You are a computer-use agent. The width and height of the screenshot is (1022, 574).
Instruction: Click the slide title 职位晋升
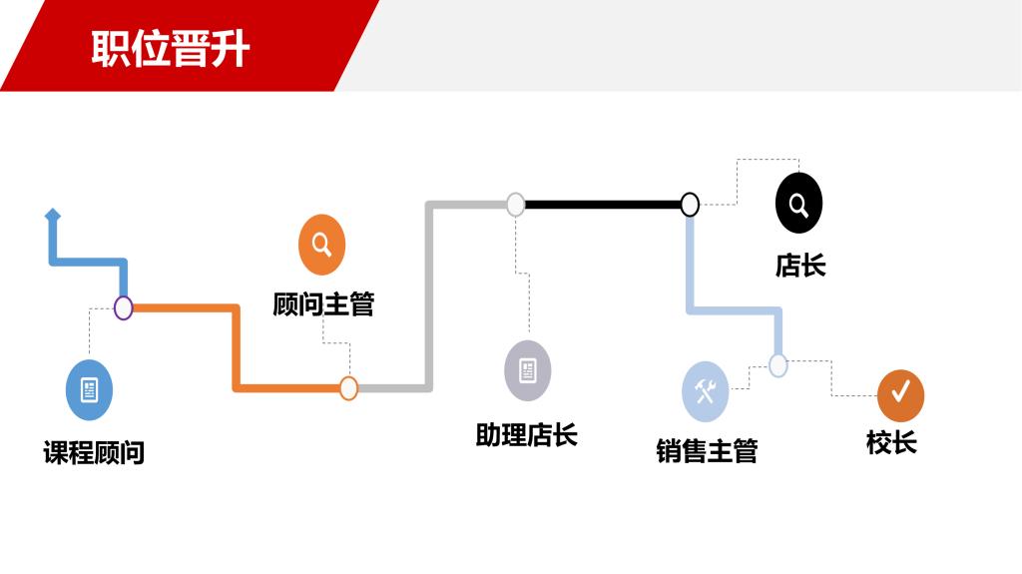click(x=171, y=48)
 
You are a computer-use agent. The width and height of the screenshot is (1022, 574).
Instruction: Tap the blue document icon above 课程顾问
click(x=89, y=389)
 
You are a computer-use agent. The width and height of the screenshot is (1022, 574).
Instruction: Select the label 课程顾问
click(x=94, y=452)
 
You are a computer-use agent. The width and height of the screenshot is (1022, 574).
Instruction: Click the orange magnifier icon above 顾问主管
click(x=321, y=245)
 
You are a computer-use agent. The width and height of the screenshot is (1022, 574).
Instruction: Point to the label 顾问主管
click(x=323, y=304)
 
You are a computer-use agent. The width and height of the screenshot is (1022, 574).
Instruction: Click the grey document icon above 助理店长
click(x=527, y=370)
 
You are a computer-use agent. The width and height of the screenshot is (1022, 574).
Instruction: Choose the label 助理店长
click(x=526, y=435)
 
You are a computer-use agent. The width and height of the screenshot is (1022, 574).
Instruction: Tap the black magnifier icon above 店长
click(x=798, y=204)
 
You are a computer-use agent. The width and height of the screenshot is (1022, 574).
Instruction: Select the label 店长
click(x=800, y=266)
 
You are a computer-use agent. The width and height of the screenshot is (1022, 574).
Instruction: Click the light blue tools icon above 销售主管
click(x=706, y=391)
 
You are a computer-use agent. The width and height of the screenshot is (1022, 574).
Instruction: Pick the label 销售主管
click(x=707, y=451)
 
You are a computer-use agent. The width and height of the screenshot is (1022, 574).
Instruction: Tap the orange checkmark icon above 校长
click(x=900, y=395)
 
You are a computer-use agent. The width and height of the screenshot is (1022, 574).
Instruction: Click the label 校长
click(x=891, y=442)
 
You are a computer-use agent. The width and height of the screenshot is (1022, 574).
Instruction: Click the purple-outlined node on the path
click(x=124, y=307)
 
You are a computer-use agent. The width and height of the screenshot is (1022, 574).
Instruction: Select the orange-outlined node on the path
click(x=348, y=388)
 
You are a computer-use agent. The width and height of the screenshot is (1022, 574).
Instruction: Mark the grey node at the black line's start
click(x=515, y=205)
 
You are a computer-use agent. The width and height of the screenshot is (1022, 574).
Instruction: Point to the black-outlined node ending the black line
click(x=690, y=205)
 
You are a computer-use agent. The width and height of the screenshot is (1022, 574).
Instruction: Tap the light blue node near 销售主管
click(x=778, y=365)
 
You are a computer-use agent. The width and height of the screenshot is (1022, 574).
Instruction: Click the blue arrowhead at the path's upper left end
click(x=53, y=215)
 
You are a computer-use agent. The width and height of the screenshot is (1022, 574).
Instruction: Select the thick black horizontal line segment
click(x=603, y=205)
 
